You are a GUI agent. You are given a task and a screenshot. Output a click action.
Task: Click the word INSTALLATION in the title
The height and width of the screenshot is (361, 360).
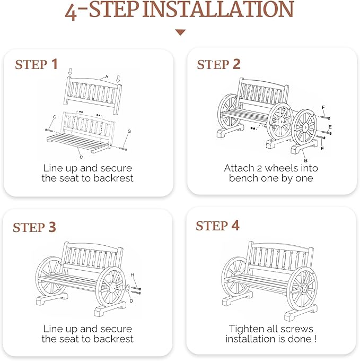(x=218, y=9)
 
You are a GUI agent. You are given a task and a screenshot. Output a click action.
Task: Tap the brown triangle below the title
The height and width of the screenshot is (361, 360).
(x=180, y=32)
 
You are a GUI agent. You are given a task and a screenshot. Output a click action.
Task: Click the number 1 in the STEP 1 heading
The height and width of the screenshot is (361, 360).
(x=55, y=64)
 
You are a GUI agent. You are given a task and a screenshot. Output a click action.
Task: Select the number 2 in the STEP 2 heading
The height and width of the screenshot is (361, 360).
(x=236, y=64)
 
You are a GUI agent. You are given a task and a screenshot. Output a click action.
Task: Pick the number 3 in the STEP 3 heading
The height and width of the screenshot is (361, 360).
(x=52, y=227)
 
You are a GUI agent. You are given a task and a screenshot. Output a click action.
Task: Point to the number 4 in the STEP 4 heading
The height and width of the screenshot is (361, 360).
(x=235, y=226)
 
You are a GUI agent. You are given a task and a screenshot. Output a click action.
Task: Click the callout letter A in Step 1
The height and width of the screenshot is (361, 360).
(x=107, y=76)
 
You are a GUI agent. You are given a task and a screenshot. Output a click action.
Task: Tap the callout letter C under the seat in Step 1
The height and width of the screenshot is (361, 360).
(x=81, y=157)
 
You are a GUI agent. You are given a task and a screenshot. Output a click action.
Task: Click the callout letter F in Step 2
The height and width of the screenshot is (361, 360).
(x=323, y=107)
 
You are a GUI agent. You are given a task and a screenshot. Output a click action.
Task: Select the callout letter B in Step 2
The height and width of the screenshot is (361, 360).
(x=306, y=160)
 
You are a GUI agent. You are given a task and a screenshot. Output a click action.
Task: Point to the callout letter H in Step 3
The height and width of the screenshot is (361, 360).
(x=132, y=274)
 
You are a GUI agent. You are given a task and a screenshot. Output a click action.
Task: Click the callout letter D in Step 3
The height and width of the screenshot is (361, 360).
(x=131, y=301)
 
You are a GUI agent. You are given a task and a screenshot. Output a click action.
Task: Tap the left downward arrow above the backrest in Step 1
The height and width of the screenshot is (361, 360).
(x=70, y=72)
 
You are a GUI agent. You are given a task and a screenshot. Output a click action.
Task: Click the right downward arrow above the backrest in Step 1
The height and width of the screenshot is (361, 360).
(x=118, y=79)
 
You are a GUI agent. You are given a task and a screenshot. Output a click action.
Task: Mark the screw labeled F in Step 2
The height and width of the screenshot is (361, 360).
(x=326, y=118)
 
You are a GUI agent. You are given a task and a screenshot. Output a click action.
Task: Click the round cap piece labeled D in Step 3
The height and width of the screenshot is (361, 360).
(x=127, y=288)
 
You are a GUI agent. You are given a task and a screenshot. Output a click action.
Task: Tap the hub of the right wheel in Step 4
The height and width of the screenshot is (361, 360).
(x=305, y=288)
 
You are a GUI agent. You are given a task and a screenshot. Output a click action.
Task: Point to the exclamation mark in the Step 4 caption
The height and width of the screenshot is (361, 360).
(x=315, y=339)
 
